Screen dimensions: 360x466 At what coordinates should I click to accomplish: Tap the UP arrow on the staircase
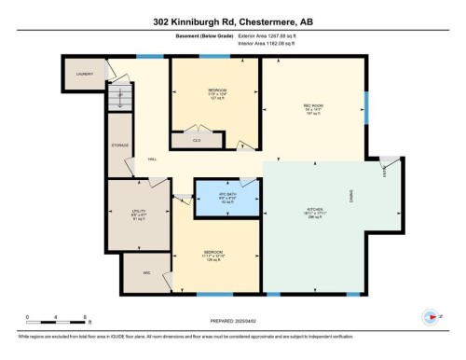point(119,95)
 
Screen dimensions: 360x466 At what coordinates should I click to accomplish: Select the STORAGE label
point(120,145)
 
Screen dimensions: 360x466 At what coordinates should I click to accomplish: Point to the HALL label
point(152,159)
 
